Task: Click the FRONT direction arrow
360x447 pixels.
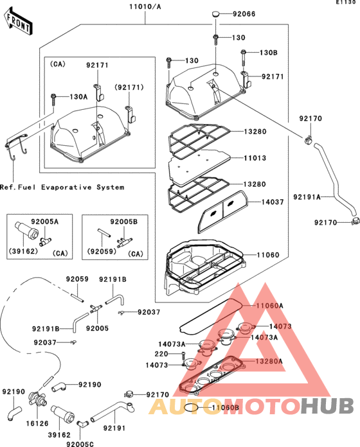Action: [18, 22]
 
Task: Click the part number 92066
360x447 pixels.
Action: [244, 14]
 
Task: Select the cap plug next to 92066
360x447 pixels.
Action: [216, 13]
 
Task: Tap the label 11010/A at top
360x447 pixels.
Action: [145, 6]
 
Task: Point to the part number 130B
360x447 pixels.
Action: [269, 53]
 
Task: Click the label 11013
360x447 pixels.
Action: [255, 158]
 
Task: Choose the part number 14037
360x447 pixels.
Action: [273, 202]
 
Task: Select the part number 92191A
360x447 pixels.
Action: [307, 197]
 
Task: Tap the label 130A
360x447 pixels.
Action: [78, 97]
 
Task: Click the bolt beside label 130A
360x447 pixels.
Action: [53, 100]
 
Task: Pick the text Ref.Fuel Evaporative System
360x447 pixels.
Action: [62, 188]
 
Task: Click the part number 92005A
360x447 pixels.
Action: [44, 222]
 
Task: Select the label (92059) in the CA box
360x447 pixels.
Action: [102, 252]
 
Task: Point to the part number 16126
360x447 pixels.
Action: [37, 423]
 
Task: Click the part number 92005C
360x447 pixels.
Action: [80, 444]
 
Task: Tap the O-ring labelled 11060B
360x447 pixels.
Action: [192, 407]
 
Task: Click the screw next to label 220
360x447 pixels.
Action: [183, 356]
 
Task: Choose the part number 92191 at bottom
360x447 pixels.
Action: [114, 428]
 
